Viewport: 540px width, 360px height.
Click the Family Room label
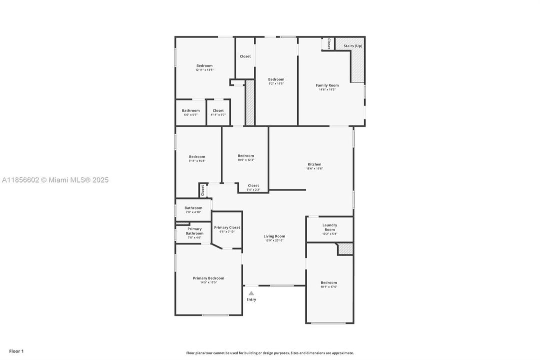[x=327, y=85]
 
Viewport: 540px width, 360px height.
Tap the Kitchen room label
[x=314, y=164]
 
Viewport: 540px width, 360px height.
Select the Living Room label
[x=274, y=236]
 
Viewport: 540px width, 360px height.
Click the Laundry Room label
[x=329, y=227]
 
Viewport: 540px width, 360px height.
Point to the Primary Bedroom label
[x=208, y=278]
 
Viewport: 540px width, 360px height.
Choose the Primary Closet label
[x=227, y=227]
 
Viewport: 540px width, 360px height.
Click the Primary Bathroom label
[x=194, y=231]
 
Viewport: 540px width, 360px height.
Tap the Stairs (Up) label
[x=353, y=46]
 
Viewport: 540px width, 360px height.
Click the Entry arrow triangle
[x=251, y=293]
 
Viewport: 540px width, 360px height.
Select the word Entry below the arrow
[x=251, y=300]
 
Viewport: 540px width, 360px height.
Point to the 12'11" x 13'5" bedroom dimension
[x=204, y=70]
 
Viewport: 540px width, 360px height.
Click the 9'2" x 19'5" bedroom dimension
[x=276, y=83]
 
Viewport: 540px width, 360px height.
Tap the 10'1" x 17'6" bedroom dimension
[x=329, y=286]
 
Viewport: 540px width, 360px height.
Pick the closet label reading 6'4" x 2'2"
[x=253, y=189]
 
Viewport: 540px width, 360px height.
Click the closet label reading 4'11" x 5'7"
[x=218, y=114]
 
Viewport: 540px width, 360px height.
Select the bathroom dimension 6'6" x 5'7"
[x=190, y=114]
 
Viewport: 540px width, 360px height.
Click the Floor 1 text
[x=16, y=351]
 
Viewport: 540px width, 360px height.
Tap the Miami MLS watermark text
[x=55, y=180]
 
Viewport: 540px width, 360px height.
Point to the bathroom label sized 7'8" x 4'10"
[x=193, y=212]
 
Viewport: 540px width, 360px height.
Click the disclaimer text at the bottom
[x=270, y=353]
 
